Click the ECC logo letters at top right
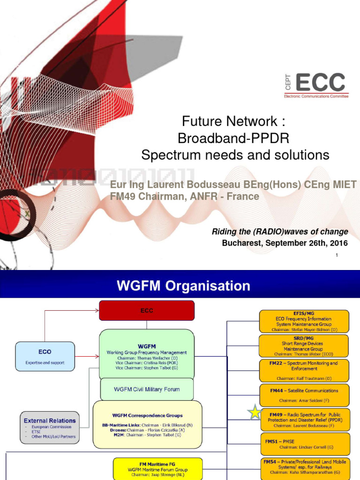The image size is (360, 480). coord(320,83)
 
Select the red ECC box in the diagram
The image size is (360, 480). coord(147,311)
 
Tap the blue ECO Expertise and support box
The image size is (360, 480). coord(45,356)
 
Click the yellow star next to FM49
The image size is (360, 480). coord(255,412)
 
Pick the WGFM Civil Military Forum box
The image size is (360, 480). coord(147,389)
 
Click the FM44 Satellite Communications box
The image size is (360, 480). coord(305,395)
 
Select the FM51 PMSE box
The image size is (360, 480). coord(305,443)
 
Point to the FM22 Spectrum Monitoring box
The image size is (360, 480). coord(305,370)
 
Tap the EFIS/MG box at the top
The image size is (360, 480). coord(305,321)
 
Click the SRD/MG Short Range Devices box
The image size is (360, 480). coord(305,346)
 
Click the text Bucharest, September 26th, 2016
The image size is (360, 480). coord(285,243)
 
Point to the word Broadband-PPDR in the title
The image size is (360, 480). coord(233,138)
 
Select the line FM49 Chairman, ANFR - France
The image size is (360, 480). coord(184,196)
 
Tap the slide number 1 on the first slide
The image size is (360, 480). coord(337,255)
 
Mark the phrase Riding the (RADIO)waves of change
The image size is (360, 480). coord(280,232)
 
